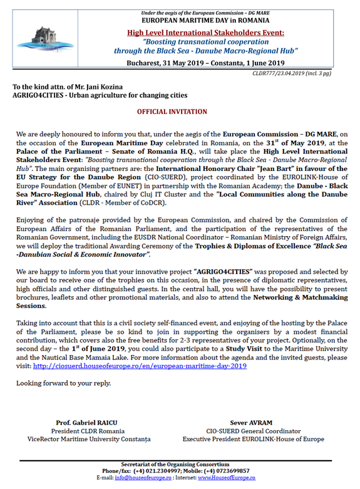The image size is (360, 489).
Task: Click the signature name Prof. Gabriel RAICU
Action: [x=93, y=423]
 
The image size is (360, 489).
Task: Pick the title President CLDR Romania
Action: [x=93, y=431]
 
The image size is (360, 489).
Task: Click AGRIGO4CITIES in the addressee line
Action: [x=41, y=95]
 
